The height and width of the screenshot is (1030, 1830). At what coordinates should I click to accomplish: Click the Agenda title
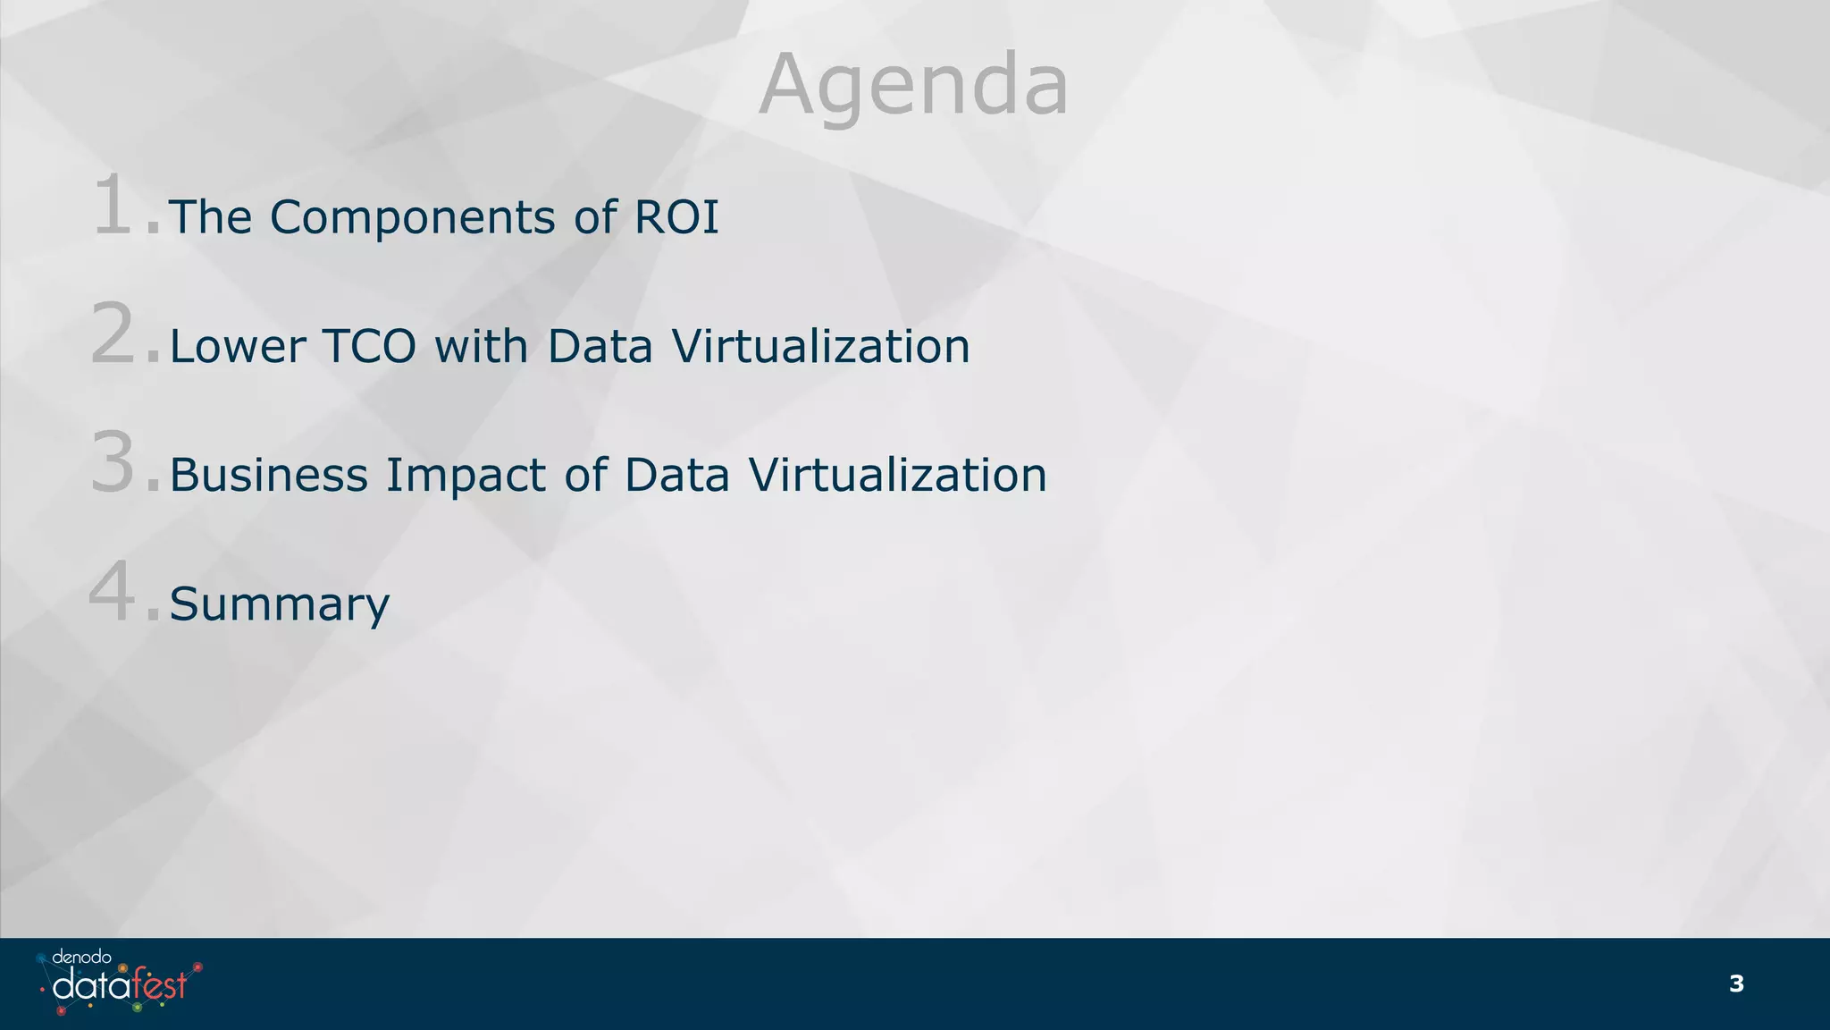[x=913, y=86]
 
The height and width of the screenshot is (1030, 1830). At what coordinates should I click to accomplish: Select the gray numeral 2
[x=114, y=335]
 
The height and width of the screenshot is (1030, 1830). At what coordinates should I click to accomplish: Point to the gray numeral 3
[x=114, y=464]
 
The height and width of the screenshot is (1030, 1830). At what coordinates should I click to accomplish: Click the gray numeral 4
[x=113, y=593]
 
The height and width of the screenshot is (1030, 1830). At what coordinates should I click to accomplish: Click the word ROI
[x=676, y=217]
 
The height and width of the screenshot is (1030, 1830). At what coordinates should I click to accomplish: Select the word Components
[x=413, y=217]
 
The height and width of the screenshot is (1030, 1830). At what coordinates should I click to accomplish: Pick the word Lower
[x=238, y=346]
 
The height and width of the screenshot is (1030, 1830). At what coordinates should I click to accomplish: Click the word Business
[x=268, y=475]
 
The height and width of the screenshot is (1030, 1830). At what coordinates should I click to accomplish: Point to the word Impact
[x=466, y=477]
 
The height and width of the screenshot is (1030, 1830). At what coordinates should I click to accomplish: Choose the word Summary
[x=280, y=605]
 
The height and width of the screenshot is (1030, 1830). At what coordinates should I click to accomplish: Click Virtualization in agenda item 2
[x=820, y=346]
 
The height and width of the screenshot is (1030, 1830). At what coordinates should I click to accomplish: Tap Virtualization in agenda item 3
[x=897, y=475]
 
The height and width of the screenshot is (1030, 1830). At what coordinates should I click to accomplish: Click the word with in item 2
[x=482, y=346]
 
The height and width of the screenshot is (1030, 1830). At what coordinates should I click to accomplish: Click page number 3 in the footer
[x=1736, y=984]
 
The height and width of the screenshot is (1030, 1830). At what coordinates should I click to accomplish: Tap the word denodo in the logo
[x=81, y=958]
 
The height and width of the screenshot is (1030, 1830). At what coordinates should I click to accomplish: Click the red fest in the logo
[x=160, y=985]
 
